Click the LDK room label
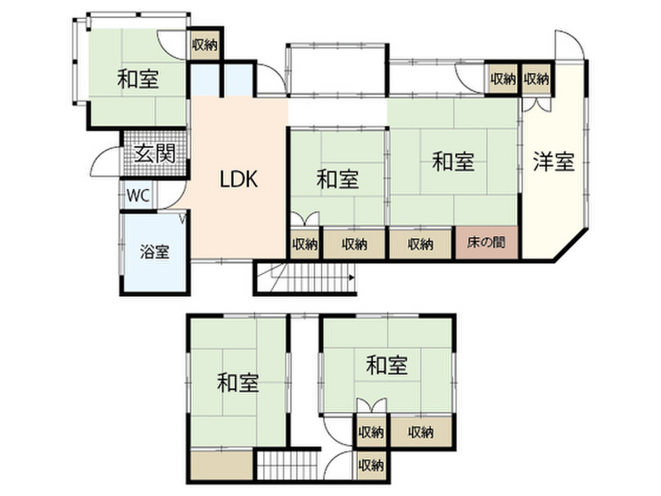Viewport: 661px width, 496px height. pos(238,179)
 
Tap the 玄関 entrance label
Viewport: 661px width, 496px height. pos(154,153)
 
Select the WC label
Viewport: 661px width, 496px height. pos(138,196)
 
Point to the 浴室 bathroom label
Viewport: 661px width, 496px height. pos(155,253)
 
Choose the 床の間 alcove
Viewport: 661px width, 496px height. pos(487,243)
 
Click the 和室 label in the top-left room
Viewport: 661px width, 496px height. pos(138,78)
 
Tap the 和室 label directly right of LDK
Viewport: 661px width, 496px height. pos(338,179)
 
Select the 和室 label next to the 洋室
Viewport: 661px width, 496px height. pos(453,161)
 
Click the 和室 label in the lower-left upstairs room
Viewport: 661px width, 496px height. pos(238,382)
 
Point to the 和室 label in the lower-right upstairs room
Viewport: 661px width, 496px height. pos(387,366)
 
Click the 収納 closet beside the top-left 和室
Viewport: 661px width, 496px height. pos(205,45)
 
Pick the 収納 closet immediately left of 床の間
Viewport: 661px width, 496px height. pos(421,243)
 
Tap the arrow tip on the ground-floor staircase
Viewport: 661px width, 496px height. pos(353,277)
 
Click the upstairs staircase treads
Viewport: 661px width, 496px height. pos(288,466)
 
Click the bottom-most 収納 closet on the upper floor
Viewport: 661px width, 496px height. pos(371,465)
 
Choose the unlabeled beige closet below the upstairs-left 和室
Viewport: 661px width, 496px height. pos(222,465)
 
